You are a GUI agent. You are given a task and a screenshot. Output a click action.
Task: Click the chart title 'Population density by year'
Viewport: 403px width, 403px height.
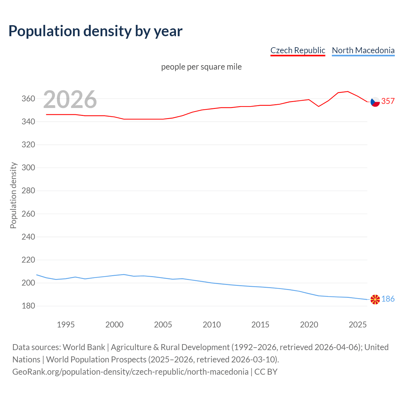tap(95, 31)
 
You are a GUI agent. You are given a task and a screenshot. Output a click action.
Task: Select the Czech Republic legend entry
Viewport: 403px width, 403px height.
tap(298, 50)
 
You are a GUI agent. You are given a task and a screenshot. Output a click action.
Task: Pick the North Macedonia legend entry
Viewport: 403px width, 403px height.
tap(363, 50)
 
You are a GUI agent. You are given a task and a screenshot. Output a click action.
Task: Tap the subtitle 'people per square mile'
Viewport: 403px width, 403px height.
tap(201, 67)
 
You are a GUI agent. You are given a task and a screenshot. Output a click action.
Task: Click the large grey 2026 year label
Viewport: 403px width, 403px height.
tap(70, 99)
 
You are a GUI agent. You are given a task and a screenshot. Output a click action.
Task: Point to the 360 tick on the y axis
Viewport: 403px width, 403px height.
tap(28, 99)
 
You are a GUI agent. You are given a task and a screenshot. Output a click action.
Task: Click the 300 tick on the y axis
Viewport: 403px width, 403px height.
tap(28, 168)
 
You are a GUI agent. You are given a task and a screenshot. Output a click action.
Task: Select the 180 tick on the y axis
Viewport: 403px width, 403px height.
tap(28, 306)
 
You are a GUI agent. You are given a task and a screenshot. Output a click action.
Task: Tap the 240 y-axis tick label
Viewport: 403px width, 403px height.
tap(28, 237)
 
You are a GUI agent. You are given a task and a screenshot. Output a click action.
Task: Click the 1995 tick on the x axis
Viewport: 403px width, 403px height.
tap(65, 325)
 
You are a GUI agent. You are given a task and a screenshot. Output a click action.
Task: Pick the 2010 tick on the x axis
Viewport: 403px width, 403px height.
tap(212, 325)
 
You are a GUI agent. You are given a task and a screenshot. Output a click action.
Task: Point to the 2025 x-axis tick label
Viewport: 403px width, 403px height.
tap(358, 325)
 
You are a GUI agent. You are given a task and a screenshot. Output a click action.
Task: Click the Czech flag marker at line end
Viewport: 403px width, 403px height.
tap(375, 102)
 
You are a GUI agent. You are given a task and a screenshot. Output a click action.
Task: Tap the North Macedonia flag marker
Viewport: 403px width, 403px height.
tap(375, 299)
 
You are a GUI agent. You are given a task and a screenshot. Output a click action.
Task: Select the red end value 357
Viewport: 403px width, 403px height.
tap(388, 101)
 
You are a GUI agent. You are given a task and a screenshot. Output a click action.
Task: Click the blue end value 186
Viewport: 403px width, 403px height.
tap(388, 299)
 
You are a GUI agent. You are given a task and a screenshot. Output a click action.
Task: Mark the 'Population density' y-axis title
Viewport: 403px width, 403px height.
tap(13, 195)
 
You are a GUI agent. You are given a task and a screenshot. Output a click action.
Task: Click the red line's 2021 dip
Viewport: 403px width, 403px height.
tap(319, 106)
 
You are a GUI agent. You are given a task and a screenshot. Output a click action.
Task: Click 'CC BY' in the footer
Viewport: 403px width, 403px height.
tap(266, 372)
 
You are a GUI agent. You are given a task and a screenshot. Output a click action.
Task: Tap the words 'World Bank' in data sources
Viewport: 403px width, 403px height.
tap(84, 347)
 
